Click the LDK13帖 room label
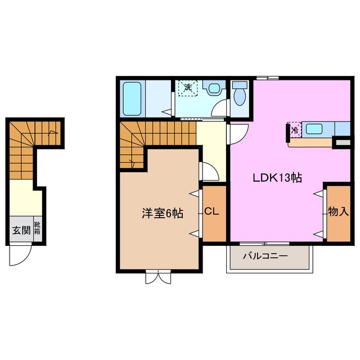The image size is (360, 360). (x=277, y=178)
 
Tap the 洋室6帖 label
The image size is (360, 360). (x=162, y=214)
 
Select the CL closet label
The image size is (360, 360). (x=211, y=212)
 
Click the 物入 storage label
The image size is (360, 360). (x=338, y=211)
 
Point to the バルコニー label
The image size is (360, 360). (x=265, y=255)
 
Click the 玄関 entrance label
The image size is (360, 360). (x=17, y=230)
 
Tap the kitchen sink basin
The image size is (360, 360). (x=314, y=129)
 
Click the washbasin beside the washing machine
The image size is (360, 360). (x=214, y=90)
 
